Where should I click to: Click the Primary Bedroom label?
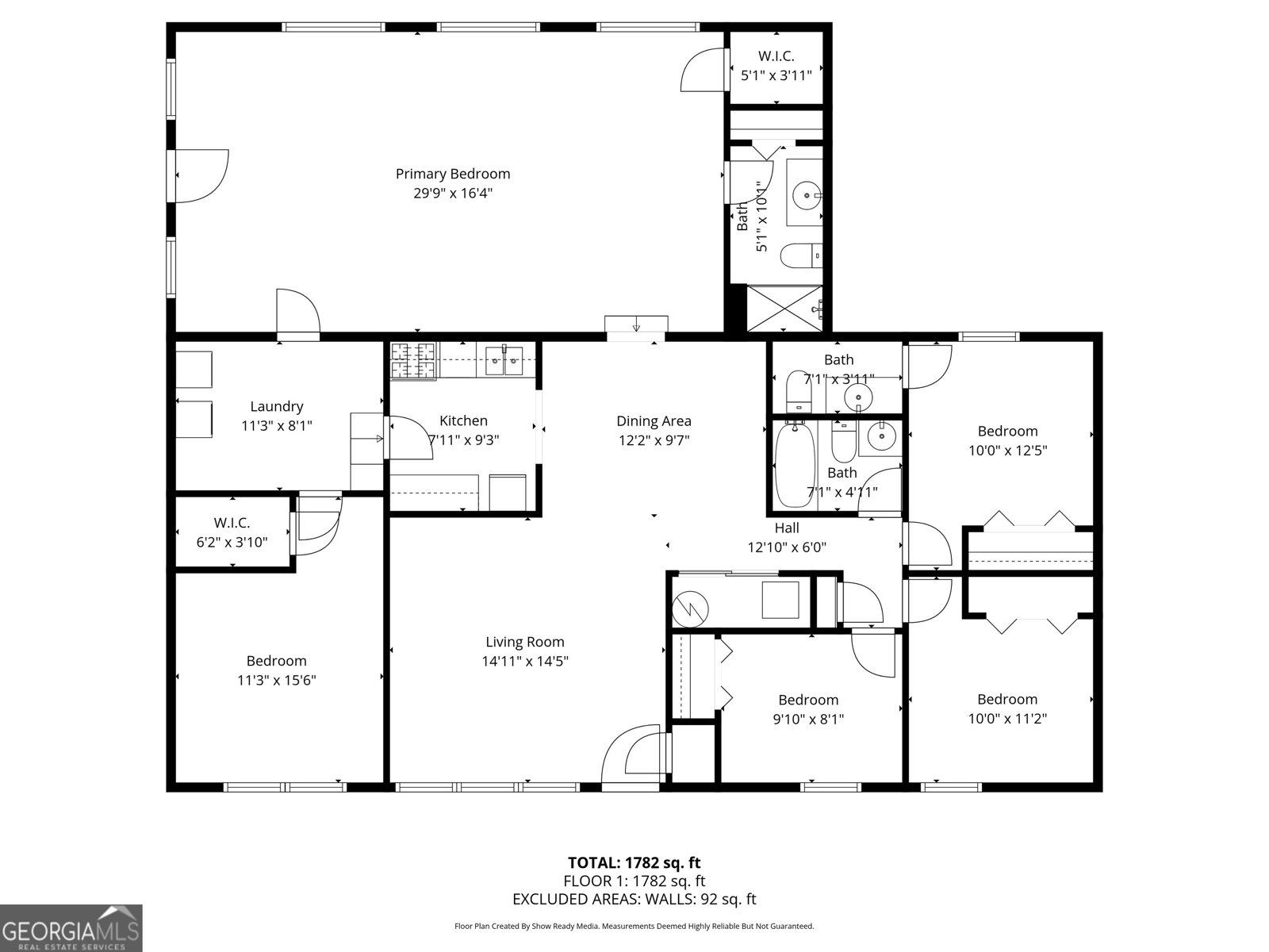click(x=452, y=174)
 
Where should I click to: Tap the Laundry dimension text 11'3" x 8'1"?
click(x=276, y=426)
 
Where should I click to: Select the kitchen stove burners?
click(x=413, y=360)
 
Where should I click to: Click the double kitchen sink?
click(x=504, y=361)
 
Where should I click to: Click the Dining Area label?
click(x=654, y=421)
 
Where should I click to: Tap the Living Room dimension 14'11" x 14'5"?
click(x=525, y=661)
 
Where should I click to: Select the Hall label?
click(x=787, y=528)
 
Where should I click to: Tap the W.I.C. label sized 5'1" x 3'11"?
click(x=776, y=56)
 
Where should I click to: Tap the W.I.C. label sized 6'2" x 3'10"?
click(x=232, y=524)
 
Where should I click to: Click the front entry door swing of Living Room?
click(x=632, y=754)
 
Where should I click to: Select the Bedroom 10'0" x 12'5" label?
click(x=1007, y=432)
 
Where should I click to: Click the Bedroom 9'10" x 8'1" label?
click(x=807, y=701)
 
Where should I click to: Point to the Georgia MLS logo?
click(x=71, y=928)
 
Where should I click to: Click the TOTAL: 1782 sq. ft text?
click(x=634, y=862)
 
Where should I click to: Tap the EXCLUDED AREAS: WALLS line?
click(x=634, y=899)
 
